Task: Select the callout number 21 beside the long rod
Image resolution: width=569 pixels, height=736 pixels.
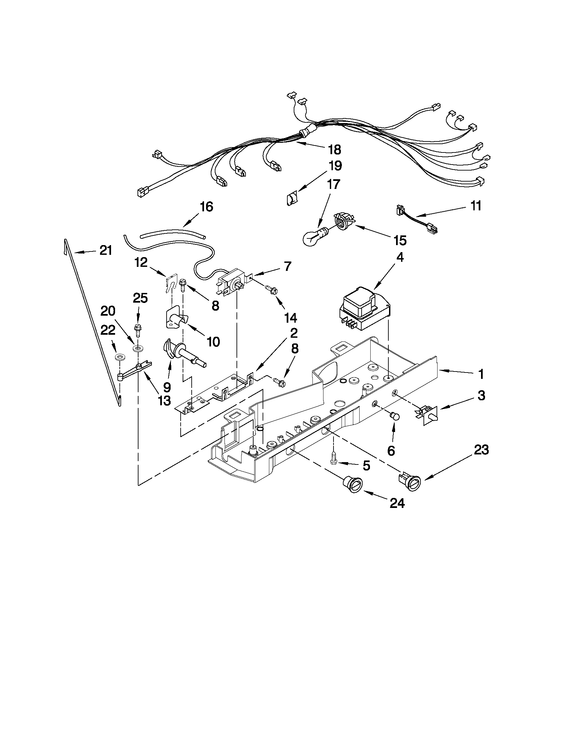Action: point(105,250)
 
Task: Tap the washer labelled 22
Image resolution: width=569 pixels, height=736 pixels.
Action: point(119,357)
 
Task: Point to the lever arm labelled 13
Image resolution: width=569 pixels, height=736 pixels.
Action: point(135,371)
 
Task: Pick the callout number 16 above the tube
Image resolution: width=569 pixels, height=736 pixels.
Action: point(206,207)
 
